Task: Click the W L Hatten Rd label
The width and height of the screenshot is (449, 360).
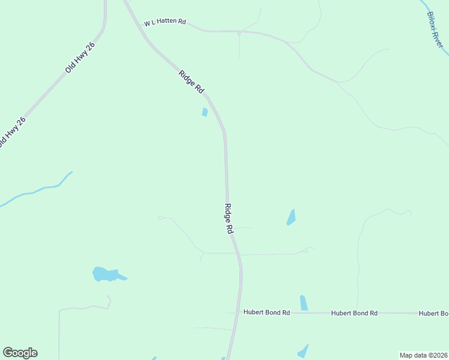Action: pyautogui.click(x=165, y=22)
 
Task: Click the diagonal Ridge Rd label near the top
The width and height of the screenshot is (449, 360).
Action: pyautogui.click(x=191, y=82)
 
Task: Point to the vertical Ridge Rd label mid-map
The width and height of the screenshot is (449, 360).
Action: pyautogui.click(x=228, y=218)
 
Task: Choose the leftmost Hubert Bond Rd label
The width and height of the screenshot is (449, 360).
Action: pyautogui.click(x=267, y=313)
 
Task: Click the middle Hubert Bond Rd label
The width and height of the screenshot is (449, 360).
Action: pyautogui.click(x=354, y=313)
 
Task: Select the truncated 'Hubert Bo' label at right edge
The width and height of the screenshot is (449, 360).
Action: pyautogui.click(x=433, y=313)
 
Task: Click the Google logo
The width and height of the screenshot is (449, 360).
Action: pyautogui.click(x=20, y=353)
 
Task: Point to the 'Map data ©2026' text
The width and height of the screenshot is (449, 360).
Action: pyautogui.click(x=423, y=355)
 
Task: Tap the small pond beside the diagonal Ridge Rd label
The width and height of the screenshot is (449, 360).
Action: pyautogui.click(x=205, y=112)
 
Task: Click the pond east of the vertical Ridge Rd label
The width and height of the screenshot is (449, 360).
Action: pyautogui.click(x=291, y=217)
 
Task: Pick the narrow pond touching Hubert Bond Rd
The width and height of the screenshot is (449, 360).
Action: pyautogui.click(x=304, y=303)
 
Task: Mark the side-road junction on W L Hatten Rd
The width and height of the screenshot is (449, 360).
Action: pyautogui.click(x=239, y=31)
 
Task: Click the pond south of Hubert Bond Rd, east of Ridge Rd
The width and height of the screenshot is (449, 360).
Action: pyautogui.click(x=303, y=351)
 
